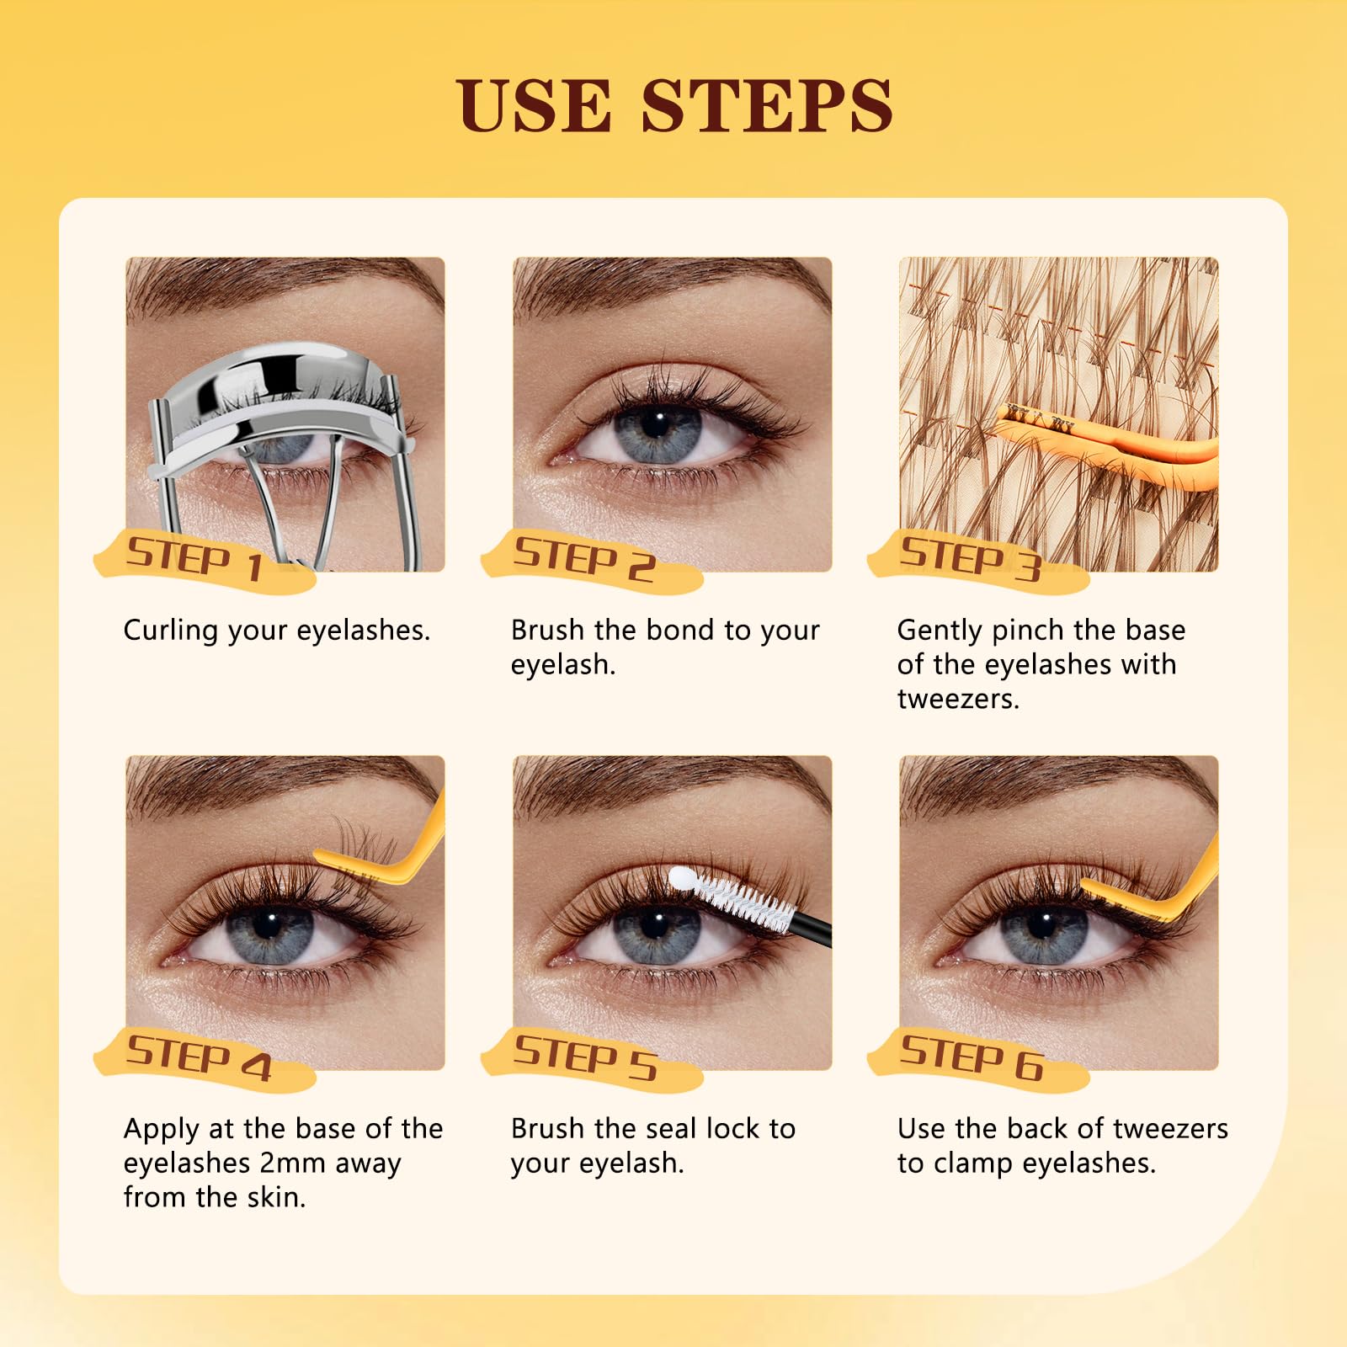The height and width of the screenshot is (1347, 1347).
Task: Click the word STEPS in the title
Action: pos(766,106)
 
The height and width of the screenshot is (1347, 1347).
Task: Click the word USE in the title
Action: pos(534,106)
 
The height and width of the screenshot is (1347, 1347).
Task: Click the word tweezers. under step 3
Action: pos(958,700)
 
